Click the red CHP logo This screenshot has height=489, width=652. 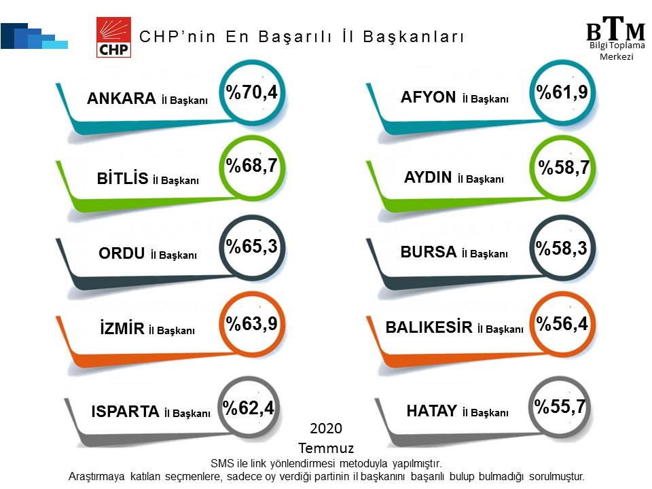[113, 37]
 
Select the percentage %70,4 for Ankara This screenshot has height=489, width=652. [251, 92]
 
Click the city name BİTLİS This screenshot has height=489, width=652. [122, 179]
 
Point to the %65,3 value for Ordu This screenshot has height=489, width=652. [251, 246]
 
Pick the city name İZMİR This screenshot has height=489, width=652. [122, 328]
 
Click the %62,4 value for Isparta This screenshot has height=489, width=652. [249, 407]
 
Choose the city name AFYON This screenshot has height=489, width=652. [429, 97]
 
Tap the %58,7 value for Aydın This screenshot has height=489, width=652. [564, 167]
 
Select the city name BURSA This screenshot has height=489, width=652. [429, 252]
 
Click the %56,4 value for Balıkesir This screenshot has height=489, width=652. [562, 323]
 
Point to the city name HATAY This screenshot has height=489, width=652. [432, 411]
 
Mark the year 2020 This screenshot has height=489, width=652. [326, 429]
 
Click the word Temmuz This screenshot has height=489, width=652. [326, 448]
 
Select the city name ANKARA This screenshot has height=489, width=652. [122, 98]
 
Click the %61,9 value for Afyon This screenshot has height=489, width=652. [562, 92]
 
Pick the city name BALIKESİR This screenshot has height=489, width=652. [429, 327]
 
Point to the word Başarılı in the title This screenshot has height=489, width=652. [295, 37]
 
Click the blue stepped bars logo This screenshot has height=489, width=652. [34, 36]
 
